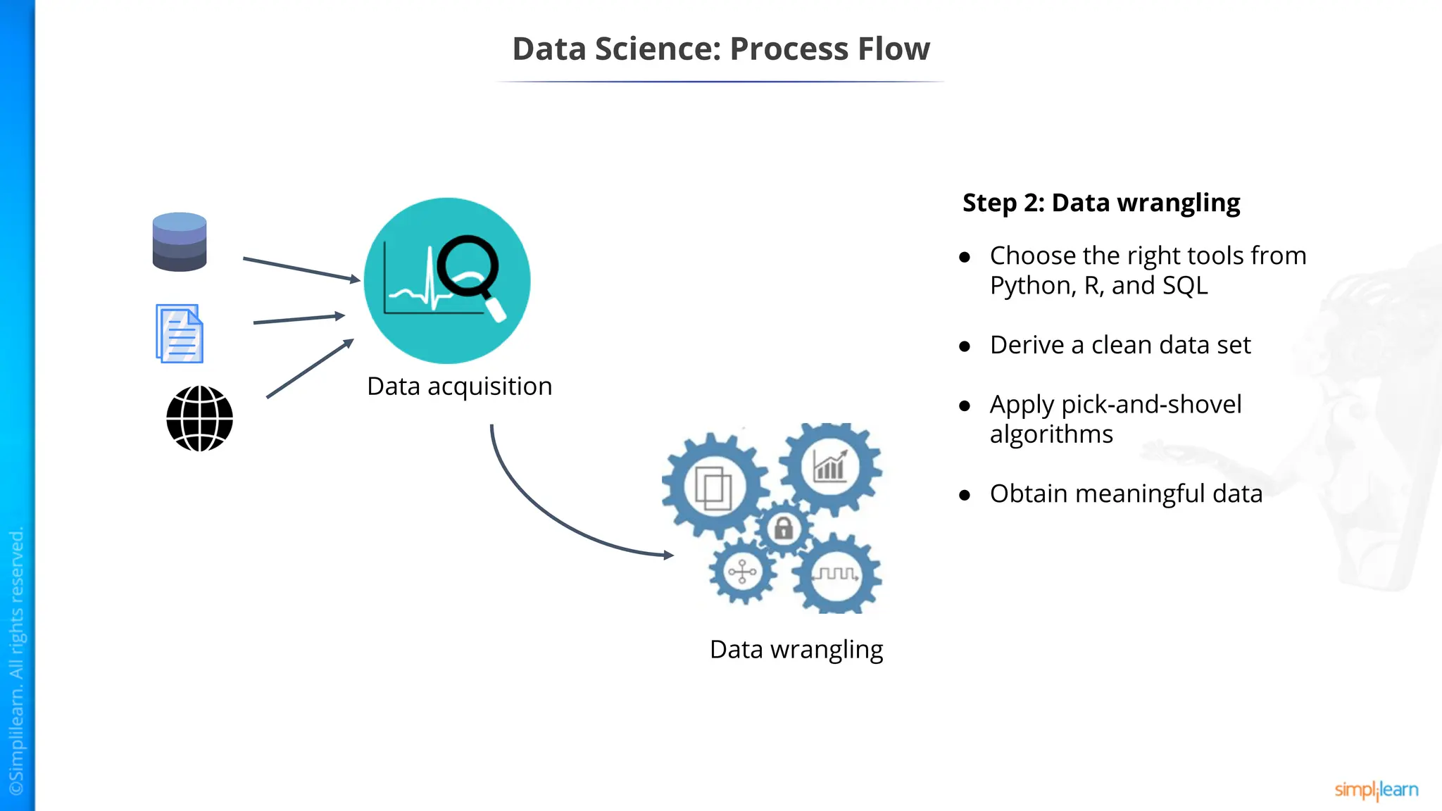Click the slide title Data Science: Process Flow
(x=720, y=49)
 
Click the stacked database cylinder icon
(x=180, y=242)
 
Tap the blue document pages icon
(x=180, y=334)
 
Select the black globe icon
(x=199, y=418)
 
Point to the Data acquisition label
(x=459, y=386)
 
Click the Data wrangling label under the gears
(x=796, y=649)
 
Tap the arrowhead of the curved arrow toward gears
(x=668, y=555)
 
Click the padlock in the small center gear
(x=783, y=528)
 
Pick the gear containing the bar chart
(x=830, y=467)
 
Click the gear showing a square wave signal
(x=836, y=574)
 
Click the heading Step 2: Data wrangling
(x=1101, y=203)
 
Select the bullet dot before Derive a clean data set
(x=965, y=346)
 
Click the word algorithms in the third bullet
(x=1051, y=434)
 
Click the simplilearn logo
(x=1376, y=790)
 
